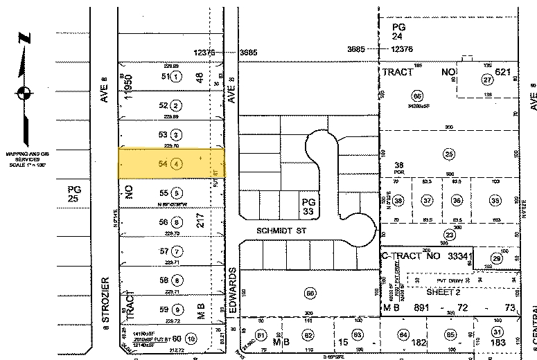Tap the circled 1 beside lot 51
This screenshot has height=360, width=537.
click(177, 77)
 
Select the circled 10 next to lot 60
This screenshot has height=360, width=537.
click(191, 339)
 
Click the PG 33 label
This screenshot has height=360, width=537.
click(308, 207)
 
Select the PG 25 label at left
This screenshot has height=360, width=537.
click(74, 195)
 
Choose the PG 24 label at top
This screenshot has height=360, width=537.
click(398, 31)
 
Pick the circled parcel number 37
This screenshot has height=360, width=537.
click(428, 200)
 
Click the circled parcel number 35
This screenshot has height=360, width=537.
click(495, 200)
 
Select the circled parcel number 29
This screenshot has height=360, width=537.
click(496, 258)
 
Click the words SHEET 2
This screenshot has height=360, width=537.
click(443, 292)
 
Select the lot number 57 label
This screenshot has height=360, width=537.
click(164, 251)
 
